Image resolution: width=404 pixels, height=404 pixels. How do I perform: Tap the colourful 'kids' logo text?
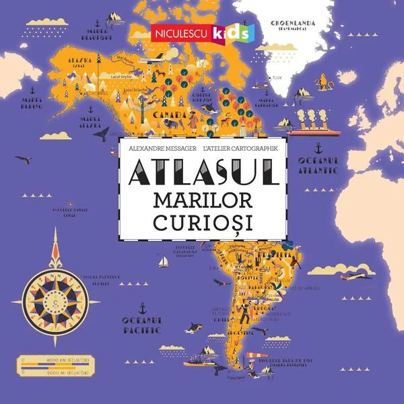(x=231, y=32)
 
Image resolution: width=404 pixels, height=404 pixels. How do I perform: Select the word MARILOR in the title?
(x=202, y=201)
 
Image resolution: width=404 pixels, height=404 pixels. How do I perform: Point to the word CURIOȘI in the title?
(x=202, y=223)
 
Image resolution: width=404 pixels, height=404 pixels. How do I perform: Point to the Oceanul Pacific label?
(x=141, y=325)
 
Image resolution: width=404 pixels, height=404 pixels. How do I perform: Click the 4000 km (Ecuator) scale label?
(x=75, y=364)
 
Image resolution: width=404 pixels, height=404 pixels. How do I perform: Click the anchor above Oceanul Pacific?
(x=141, y=308)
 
